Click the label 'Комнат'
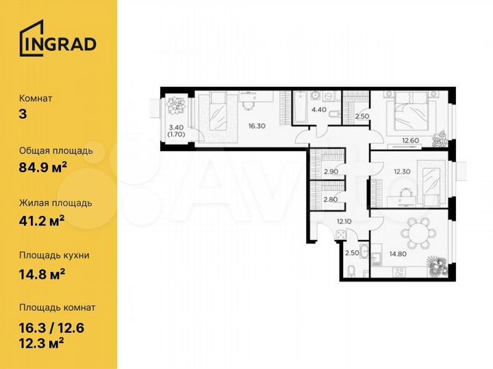pyautogui.click(x=36, y=98)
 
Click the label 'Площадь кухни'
pyautogui.click(x=54, y=255)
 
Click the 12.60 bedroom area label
pyautogui.click(x=411, y=141)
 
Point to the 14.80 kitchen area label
pyautogui.click(x=398, y=254)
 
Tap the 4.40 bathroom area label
pyautogui.click(x=319, y=109)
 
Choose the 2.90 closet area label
pyautogui.click(x=331, y=171)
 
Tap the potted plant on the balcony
pyautogui.click(x=177, y=106)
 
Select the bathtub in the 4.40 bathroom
pyautogui.click(x=302, y=106)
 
